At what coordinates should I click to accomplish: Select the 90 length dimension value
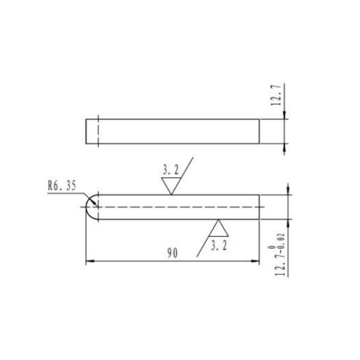(x=172, y=254)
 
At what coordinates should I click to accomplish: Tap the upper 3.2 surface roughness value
(x=170, y=170)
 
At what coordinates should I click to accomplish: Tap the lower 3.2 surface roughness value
(x=218, y=244)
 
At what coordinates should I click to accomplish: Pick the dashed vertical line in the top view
(x=98, y=131)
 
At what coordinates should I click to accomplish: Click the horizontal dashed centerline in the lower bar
(x=180, y=207)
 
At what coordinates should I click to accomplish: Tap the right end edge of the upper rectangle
(x=259, y=131)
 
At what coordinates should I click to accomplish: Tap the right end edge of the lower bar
(x=259, y=207)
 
